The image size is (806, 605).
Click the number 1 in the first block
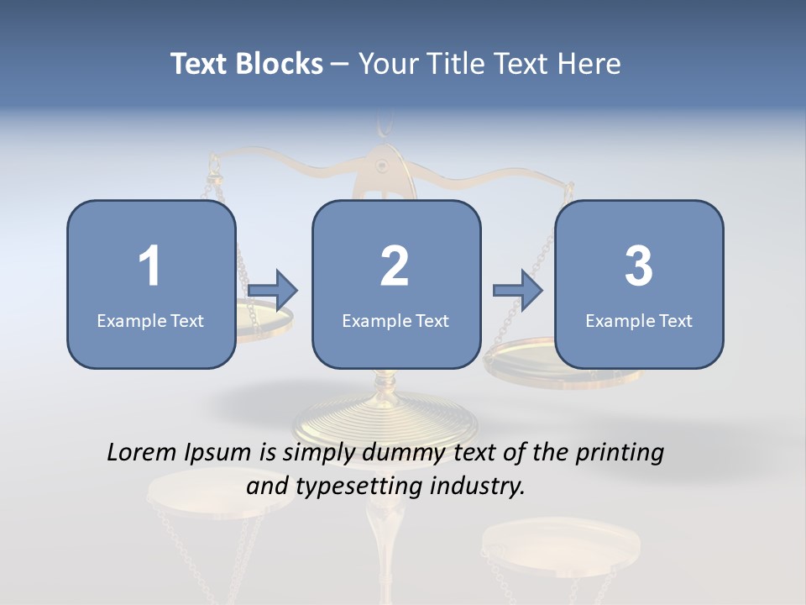[149, 266]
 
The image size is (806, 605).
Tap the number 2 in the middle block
[395, 266]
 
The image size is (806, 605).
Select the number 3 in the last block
[638, 266]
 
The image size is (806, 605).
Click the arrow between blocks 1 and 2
[274, 291]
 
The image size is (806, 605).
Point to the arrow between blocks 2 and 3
[518, 291]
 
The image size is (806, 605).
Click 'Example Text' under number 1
[150, 320]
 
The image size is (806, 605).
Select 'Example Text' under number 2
[395, 320]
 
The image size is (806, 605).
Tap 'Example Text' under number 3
[639, 320]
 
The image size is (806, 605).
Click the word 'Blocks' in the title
[279, 64]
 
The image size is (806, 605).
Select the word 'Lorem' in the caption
[140, 453]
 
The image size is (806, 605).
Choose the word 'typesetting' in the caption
[356, 486]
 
